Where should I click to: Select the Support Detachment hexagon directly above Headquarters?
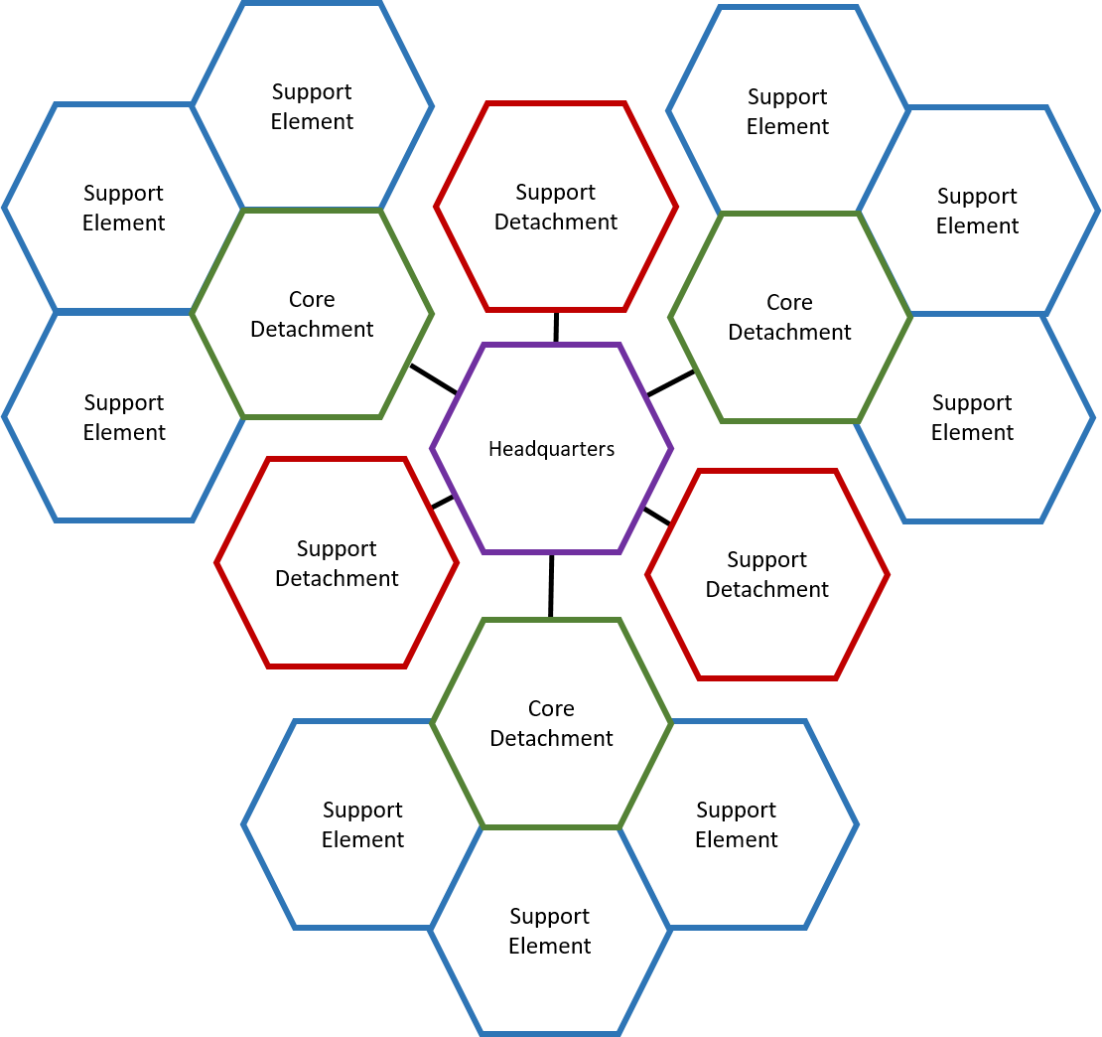pyautogui.click(x=556, y=207)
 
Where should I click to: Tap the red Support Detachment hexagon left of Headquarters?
pyautogui.click(x=337, y=563)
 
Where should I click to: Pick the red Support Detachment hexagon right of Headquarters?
pyautogui.click(x=767, y=574)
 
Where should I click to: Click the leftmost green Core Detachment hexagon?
pyautogui.click(x=312, y=314)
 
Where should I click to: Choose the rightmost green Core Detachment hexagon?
pyautogui.click(x=790, y=317)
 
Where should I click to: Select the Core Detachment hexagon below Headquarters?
pyautogui.click(x=552, y=723)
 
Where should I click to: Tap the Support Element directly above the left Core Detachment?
pyautogui.click(x=313, y=106)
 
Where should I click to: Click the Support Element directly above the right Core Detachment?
pyautogui.click(x=788, y=111)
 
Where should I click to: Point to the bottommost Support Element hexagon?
pyautogui.click(x=550, y=931)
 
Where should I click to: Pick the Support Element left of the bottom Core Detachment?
pyautogui.click(x=362, y=824)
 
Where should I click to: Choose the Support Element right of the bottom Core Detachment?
pyautogui.click(x=737, y=824)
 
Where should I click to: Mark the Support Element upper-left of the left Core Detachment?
pyautogui.click(x=124, y=208)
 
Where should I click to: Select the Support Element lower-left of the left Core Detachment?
pyautogui.click(x=124, y=417)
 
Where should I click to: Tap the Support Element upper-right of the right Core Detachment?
pyautogui.click(x=978, y=211)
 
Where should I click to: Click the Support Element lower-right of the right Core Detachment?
pyautogui.click(x=973, y=417)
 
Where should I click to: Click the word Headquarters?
pyautogui.click(x=552, y=449)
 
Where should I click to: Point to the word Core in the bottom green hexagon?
pyautogui.click(x=551, y=709)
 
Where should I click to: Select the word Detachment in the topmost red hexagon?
pyautogui.click(x=556, y=222)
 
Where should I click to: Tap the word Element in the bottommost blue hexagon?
pyautogui.click(x=550, y=947)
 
